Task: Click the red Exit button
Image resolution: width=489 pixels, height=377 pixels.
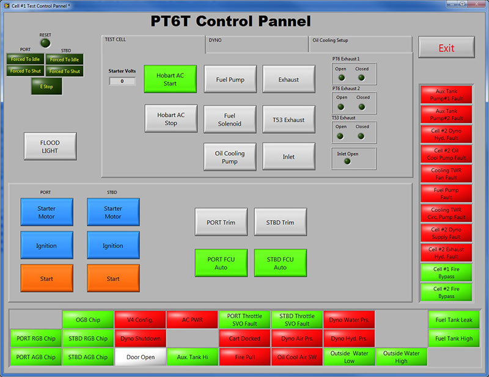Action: (446, 48)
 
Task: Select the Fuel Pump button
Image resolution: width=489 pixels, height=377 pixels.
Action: (230, 79)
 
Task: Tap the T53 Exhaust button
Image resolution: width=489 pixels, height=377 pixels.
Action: (289, 119)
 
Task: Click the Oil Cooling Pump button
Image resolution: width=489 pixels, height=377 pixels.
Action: (230, 157)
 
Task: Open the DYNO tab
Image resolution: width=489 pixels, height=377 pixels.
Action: (256, 41)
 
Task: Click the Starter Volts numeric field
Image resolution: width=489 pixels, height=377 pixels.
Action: (122, 81)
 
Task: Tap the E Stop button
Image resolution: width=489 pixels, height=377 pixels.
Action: (46, 86)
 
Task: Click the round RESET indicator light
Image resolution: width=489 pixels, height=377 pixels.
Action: (45, 43)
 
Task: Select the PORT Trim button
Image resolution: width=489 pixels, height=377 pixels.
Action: (221, 222)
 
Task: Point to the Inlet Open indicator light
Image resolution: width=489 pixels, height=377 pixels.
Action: (347, 161)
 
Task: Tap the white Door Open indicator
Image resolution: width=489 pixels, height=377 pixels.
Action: (141, 357)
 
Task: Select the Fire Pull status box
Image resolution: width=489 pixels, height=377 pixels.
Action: (244, 357)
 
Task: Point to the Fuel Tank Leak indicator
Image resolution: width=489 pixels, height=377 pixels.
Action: (454, 320)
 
